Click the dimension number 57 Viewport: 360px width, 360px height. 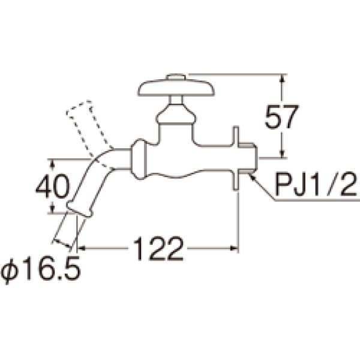click(281, 117)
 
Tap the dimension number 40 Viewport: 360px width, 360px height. click(52, 186)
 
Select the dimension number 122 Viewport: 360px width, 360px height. click(158, 248)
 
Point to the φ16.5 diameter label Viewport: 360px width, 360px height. click(41, 268)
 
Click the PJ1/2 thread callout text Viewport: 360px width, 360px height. click(317, 185)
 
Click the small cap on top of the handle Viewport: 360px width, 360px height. click(176, 76)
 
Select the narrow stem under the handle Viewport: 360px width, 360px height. click(176, 100)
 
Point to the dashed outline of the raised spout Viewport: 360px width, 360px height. click(89, 133)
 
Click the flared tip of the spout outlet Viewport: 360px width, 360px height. click(80, 209)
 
